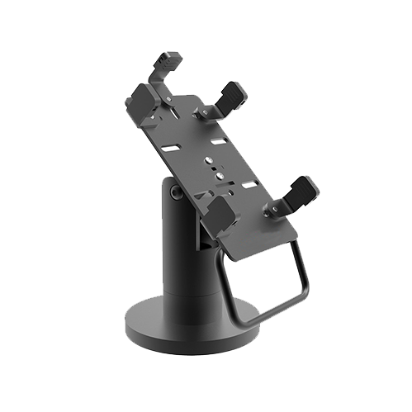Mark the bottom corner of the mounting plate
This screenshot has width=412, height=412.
(236, 258)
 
